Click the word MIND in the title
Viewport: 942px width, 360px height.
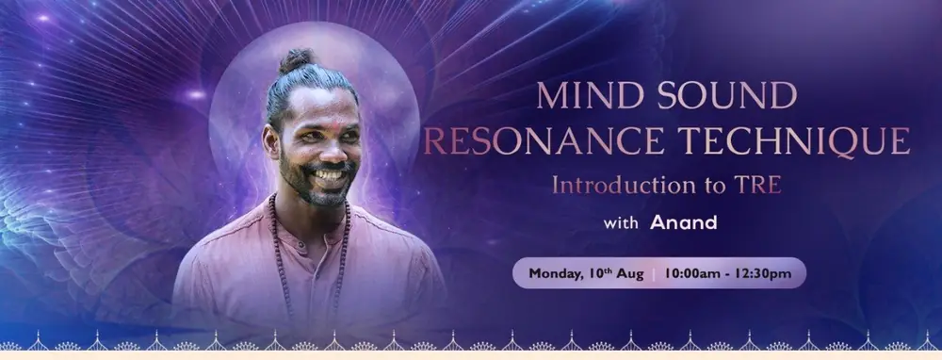click(589, 95)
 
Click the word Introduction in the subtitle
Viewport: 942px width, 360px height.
click(625, 185)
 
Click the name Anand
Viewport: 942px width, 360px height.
click(684, 223)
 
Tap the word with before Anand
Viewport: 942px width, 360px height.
click(621, 223)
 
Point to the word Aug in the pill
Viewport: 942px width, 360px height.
click(631, 274)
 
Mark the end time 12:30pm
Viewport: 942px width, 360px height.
click(766, 274)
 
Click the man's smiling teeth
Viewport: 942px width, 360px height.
click(330, 175)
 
